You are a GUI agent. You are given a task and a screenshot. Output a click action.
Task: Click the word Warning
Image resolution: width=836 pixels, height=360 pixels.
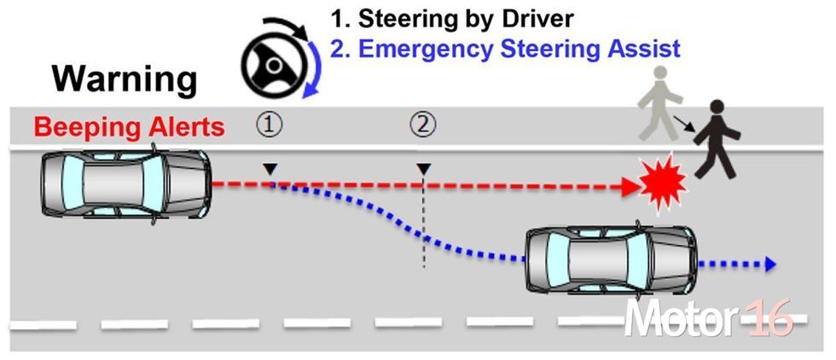point(125,80)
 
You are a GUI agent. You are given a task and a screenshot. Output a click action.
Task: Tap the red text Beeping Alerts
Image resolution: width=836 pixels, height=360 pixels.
point(129,128)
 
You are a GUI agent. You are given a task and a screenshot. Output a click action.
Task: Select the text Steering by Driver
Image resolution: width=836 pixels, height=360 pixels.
point(466,20)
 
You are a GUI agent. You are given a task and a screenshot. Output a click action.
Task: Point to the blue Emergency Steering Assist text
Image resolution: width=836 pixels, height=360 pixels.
point(520,49)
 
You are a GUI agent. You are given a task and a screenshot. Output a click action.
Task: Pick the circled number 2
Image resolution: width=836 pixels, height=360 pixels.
point(423,126)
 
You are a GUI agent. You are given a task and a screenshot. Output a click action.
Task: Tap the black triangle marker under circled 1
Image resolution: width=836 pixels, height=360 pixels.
point(271,170)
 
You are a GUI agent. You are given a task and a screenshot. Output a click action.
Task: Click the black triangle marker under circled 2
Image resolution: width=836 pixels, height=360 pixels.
point(423,170)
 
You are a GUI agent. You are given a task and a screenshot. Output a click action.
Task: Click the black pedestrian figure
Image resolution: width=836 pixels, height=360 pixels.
point(717,139)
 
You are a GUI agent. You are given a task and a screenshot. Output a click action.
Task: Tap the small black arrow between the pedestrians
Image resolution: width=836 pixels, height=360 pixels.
point(684,123)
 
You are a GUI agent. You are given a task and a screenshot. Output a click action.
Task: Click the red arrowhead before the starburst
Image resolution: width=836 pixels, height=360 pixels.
point(631,186)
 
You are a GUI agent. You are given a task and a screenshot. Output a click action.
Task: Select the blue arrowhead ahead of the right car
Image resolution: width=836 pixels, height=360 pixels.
point(769,264)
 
